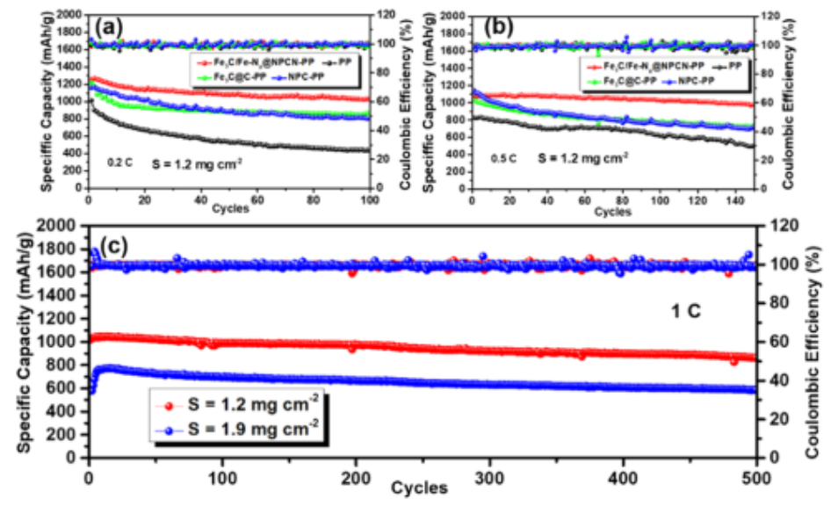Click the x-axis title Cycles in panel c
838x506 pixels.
pyautogui.click(x=421, y=488)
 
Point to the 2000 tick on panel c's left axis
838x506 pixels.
pyautogui.click(x=64, y=226)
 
